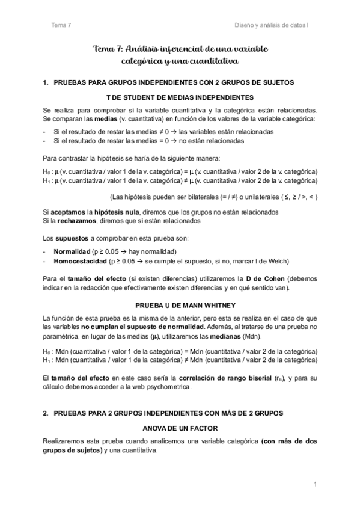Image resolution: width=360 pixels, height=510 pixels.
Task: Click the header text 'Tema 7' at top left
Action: pos(61,25)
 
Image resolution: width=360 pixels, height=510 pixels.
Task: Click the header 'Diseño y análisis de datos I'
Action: pos(274,25)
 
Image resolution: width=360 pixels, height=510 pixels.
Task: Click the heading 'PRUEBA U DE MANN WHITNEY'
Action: pos(180,305)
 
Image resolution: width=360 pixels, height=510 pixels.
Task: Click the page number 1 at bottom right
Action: pos(315,484)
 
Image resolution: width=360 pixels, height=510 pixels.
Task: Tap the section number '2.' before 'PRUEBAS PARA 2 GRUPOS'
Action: pos(46,414)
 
